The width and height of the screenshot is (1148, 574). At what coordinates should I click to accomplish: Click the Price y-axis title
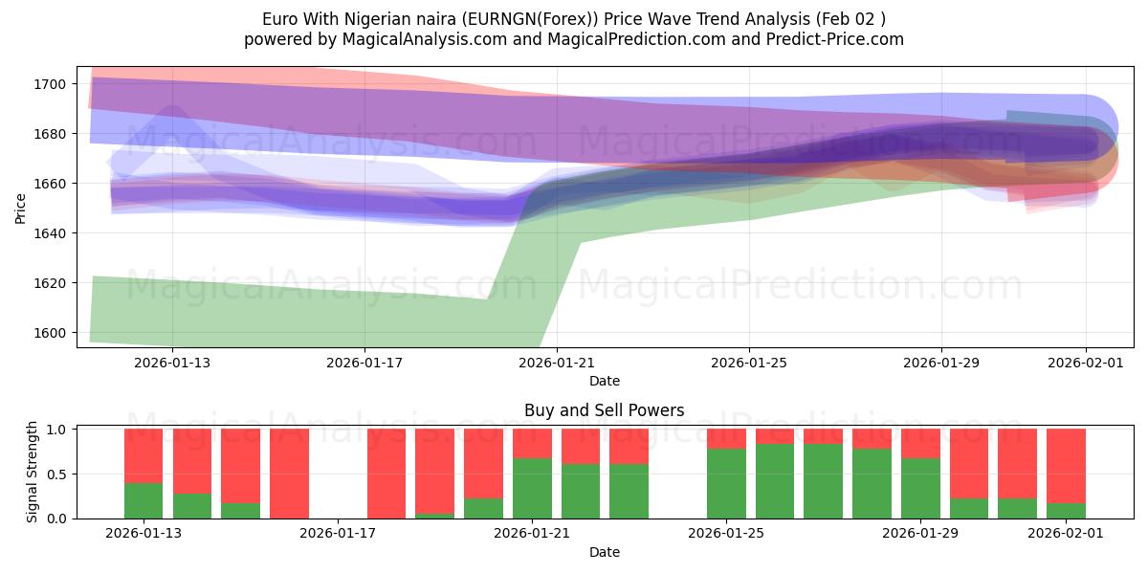[x=20, y=208]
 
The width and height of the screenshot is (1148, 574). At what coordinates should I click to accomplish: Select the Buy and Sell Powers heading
[x=604, y=410]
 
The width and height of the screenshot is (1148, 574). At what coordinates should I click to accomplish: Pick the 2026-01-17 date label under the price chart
[x=364, y=362]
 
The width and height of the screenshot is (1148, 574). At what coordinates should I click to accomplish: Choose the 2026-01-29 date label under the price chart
[x=941, y=362]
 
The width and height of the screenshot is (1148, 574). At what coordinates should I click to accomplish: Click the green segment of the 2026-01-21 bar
[x=532, y=488]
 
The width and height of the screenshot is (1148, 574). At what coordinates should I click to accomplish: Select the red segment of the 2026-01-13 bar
[x=143, y=455]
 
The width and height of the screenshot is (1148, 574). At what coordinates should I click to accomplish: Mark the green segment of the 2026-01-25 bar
[x=726, y=483]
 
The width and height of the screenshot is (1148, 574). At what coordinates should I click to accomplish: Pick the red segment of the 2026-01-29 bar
[x=920, y=443]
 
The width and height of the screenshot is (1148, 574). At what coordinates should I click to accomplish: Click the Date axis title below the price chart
[x=604, y=381]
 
